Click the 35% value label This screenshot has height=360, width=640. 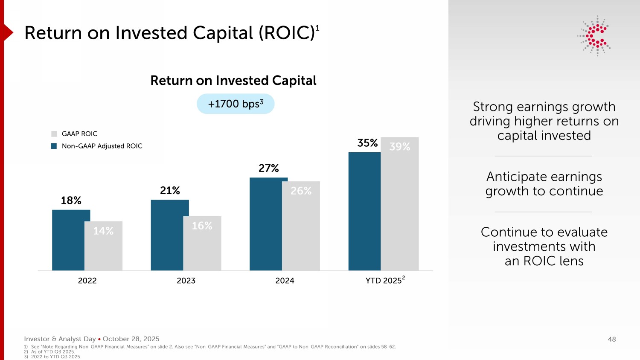pyautogui.click(x=367, y=143)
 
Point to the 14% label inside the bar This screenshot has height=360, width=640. pyautogui.click(x=103, y=231)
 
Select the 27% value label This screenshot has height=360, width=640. pyautogui.click(x=269, y=168)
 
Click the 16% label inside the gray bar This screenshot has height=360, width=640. pyautogui.click(x=202, y=226)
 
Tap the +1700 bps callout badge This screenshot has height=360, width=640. pyautogui.click(x=236, y=104)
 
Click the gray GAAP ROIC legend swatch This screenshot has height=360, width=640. pyautogui.click(x=54, y=134)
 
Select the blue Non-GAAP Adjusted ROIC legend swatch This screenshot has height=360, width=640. pyautogui.click(x=54, y=146)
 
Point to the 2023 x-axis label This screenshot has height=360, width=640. pyautogui.click(x=186, y=281)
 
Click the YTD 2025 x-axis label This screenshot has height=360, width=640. pyautogui.click(x=384, y=280)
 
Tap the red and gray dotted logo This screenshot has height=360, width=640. pyautogui.click(x=595, y=36)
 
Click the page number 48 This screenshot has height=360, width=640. pyautogui.click(x=612, y=339)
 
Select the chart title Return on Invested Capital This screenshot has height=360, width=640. pyautogui.click(x=233, y=81)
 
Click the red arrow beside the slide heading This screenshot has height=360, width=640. pyautogui.click(x=8, y=32)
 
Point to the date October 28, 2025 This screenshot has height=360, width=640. pyautogui.click(x=131, y=339)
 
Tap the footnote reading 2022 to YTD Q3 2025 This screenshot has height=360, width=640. pyautogui.click(x=56, y=357)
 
